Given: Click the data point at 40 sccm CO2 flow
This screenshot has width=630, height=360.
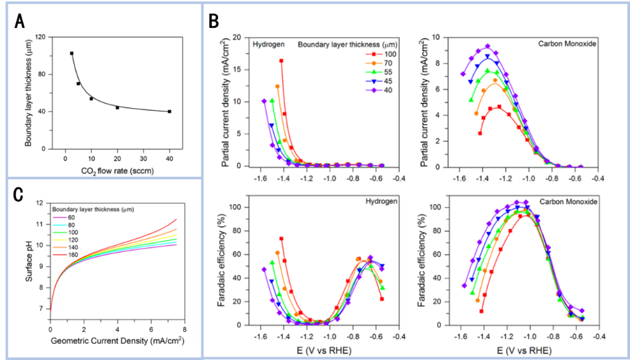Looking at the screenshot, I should (x=170, y=111).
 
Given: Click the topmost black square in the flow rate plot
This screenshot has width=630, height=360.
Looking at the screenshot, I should (x=71, y=53).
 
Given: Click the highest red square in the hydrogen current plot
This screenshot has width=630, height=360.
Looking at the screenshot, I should (x=281, y=61).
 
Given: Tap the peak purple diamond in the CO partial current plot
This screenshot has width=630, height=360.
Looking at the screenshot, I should (x=488, y=46).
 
